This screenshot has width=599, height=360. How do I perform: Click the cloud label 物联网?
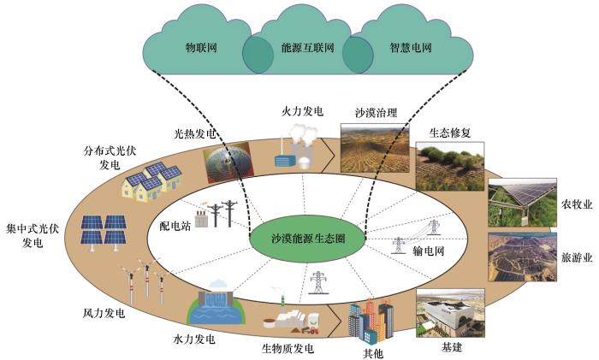(x=201, y=48)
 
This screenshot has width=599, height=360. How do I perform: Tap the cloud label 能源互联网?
(x=307, y=48)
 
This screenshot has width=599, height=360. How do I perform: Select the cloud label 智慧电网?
(x=411, y=48)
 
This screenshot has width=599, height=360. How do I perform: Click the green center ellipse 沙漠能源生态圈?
(x=307, y=239)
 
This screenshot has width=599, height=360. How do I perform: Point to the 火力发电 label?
(x=302, y=111)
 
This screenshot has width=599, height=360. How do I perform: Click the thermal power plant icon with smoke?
(x=296, y=146)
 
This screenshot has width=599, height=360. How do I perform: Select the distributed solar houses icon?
(x=152, y=182)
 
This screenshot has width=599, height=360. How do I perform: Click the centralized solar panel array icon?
(x=104, y=233)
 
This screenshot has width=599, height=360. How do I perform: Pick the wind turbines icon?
(x=146, y=280)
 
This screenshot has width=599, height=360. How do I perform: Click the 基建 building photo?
(x=450, y=313)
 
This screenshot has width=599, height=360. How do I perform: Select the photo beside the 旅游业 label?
(x=522, y=257)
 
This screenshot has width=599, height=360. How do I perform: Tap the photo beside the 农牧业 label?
(x=522, y=203)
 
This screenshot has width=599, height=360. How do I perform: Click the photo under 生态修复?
(x=450, y=167)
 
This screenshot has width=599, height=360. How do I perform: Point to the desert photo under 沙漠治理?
(x=375, y=148)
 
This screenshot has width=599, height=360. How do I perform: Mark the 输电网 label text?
(x=429, y=251)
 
